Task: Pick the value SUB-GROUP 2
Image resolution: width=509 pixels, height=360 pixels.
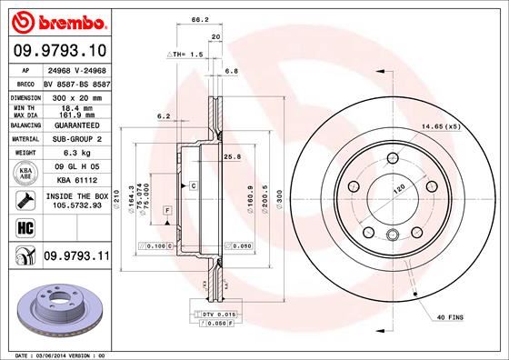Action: tap(75, 139)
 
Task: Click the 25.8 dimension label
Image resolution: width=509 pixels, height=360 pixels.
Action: tap(231, 157)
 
